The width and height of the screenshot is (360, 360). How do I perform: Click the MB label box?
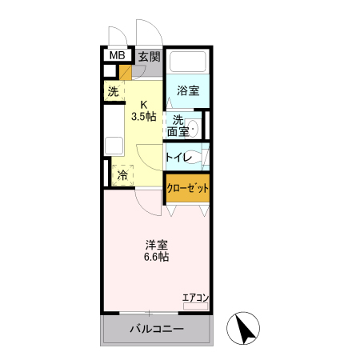[117, 55]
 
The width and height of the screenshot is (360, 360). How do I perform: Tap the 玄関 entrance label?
[148, 57]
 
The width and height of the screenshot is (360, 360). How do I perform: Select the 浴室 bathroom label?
[188, 91]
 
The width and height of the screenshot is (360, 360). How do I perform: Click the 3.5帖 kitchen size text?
[145, 116]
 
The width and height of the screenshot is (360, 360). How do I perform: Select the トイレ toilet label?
[178, 157]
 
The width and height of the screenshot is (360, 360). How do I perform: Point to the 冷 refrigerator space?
[122, 174]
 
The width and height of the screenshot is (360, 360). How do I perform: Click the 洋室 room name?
[155, 245]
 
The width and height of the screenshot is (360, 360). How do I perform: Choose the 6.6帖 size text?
[155, 258]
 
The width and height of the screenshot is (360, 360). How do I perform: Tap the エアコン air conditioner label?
[195, 298]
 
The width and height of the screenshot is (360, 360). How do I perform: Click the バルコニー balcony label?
[157, 330]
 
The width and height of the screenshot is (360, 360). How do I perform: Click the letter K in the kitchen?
[145, 104]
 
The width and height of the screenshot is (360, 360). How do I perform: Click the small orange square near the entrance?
[126, 74]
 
